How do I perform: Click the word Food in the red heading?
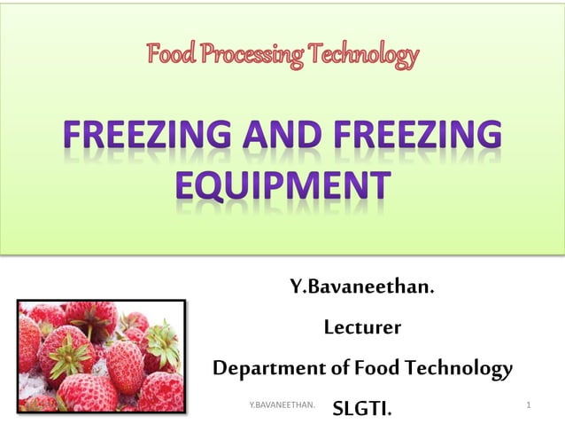pyautogui.click(x=171, y=56)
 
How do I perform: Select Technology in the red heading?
pyautogui.click(x=365, y=56)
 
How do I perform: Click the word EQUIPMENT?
pyautogui.click(x=282, y=187)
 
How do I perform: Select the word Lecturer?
pyautogui.click(x=362, y=328)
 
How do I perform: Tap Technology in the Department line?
pyautogui.click(x=457, y=368)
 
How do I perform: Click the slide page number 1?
pyautogui.click(x=528, y=404)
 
